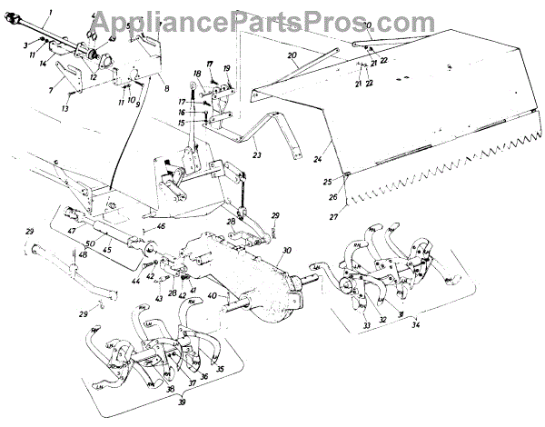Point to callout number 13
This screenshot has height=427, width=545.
tap(64, 109)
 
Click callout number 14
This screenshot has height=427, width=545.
tap(44, 61)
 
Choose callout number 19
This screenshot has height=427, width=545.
tap(228, 68)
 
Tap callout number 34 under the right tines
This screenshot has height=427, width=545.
tap(415, 324)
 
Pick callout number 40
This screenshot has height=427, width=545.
tap(212, 297)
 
